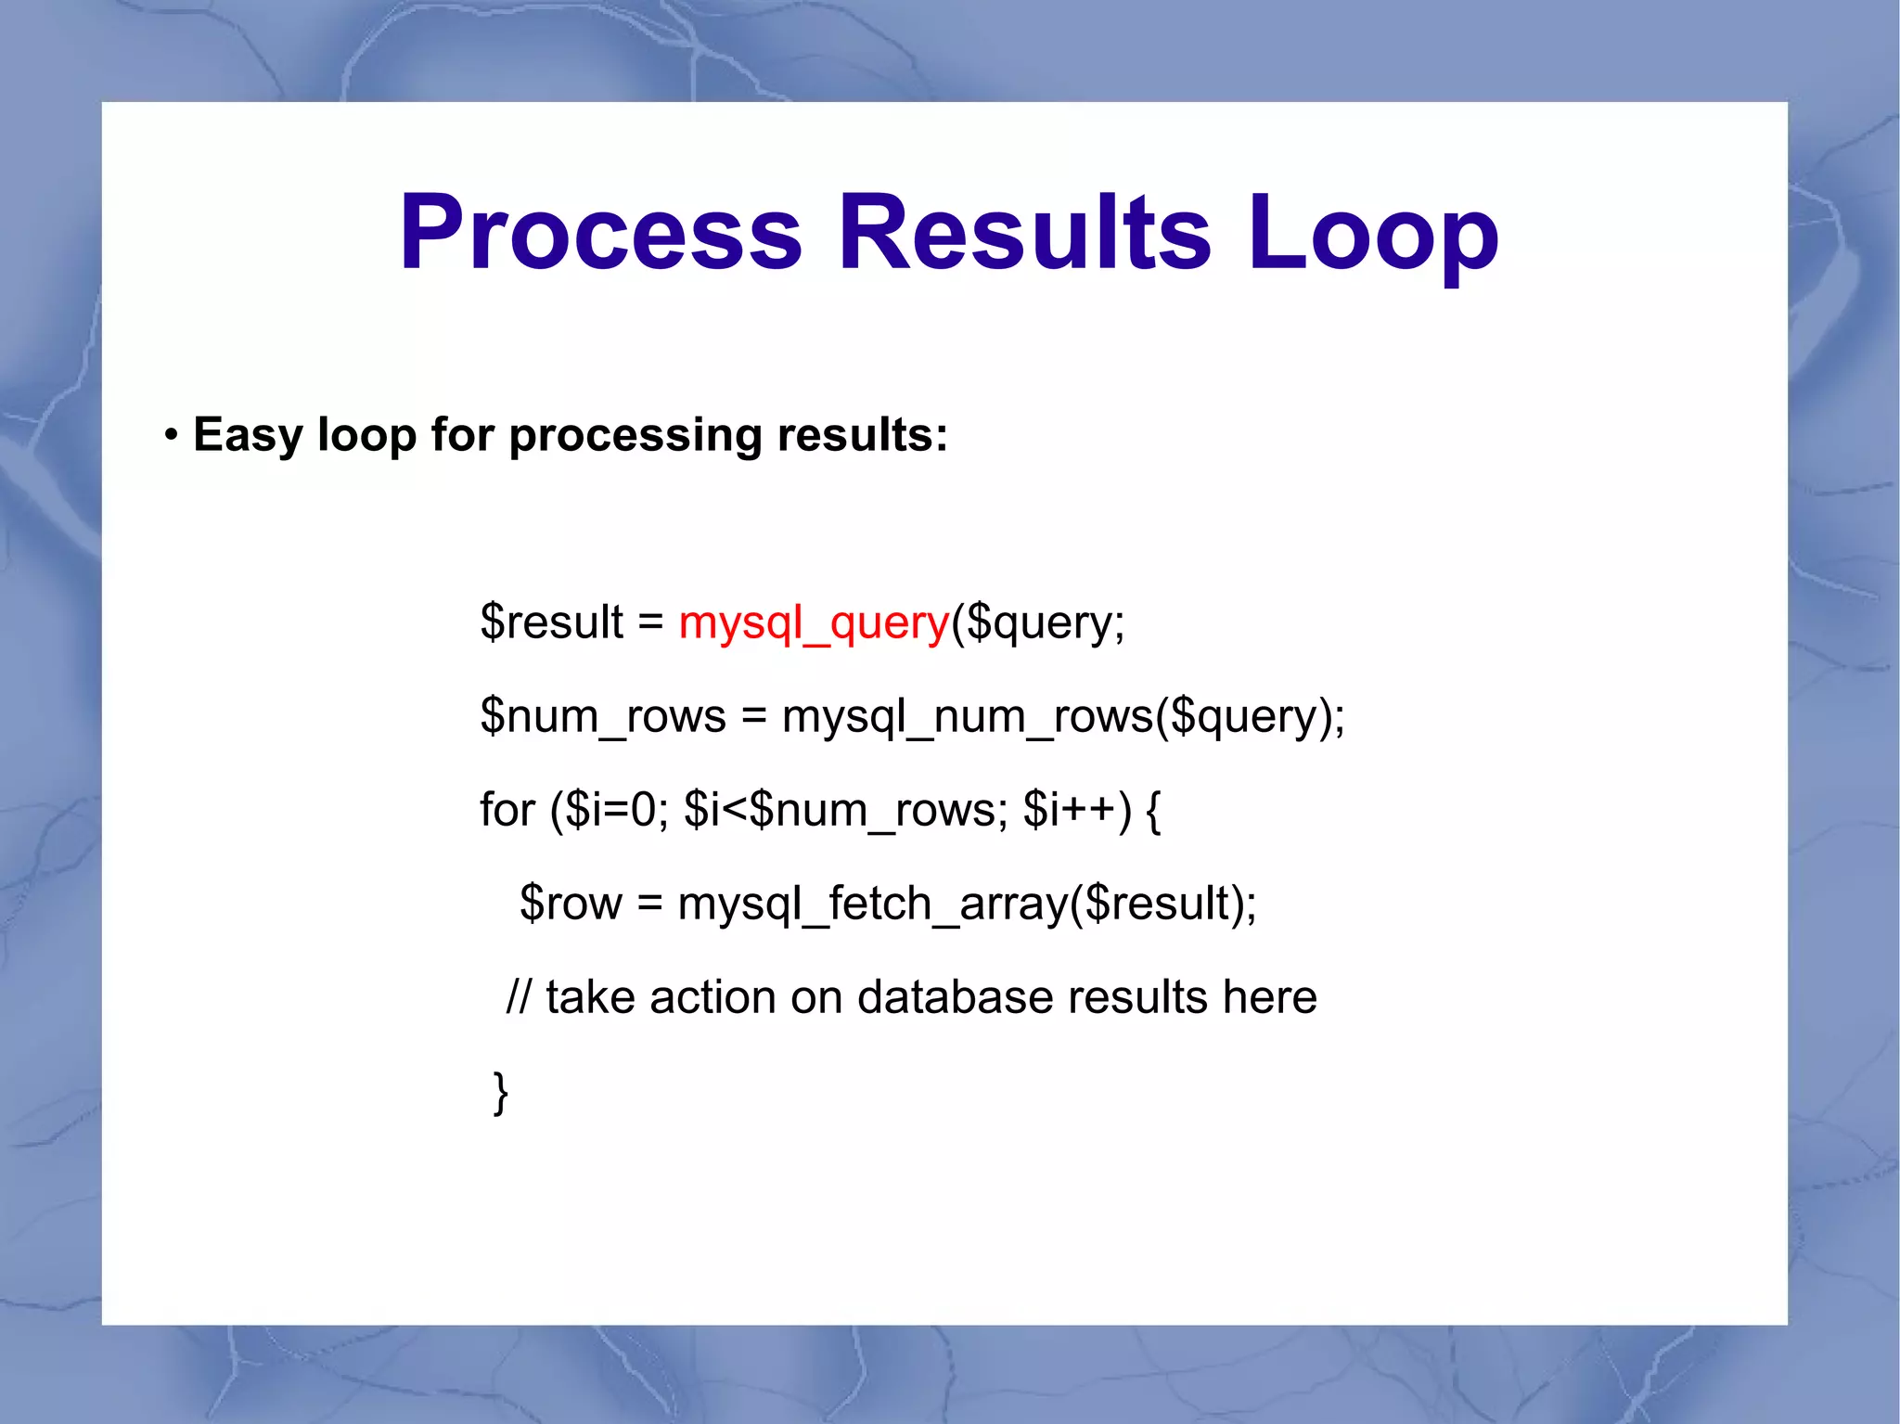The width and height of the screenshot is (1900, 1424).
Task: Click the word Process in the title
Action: [600, 233]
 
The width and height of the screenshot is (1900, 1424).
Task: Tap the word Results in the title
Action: [1024, 233]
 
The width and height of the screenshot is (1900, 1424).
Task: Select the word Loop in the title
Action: [1373, 233]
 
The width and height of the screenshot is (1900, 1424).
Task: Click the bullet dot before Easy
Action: [171, 435]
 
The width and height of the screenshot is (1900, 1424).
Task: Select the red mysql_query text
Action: [814, 622]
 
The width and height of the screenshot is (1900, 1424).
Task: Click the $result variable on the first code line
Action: [551, 622]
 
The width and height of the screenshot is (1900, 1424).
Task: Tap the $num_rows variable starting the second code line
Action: [602, 717]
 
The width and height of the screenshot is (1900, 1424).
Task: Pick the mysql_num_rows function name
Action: [967, 717]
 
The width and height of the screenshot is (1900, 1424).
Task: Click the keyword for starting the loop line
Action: [507, 810]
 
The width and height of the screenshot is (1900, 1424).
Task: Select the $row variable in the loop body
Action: [571, 904]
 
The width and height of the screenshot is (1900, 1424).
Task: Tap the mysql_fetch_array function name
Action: [872, 904]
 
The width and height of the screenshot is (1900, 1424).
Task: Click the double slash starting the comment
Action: [519, 998]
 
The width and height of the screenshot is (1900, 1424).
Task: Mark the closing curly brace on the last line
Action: [500, 1093]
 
